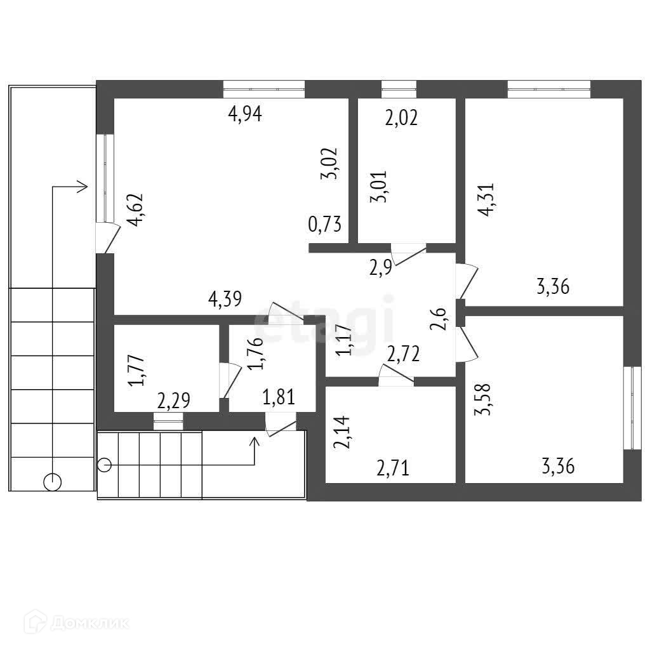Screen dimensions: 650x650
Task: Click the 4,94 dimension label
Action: tap(245, 114)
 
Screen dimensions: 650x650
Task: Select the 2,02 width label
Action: tap(401, 118)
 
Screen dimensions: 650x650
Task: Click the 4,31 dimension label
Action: tap(487, 200)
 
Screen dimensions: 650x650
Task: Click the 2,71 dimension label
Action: tap(393, 469)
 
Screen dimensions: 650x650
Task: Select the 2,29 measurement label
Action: tap(174, 401)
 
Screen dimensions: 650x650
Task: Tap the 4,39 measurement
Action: tap(226, 299)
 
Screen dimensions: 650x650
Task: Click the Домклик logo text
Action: tap(89, 623)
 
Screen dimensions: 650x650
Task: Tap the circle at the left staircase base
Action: tap(53, 482)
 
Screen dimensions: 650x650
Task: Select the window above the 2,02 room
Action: tap(399, 89)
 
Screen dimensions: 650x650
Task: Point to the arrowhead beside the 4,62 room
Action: tap(81, 187)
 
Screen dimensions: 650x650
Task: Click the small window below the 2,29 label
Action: tap(168, 417)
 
